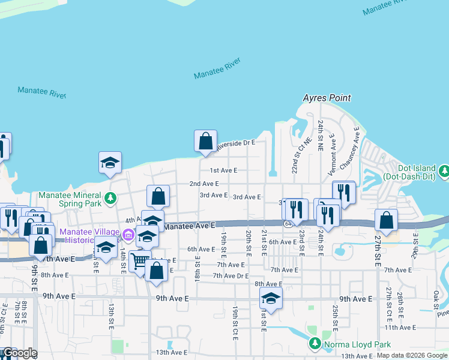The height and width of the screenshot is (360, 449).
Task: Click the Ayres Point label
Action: pos(327,98)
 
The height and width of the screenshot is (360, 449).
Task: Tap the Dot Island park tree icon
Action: pos(444,172)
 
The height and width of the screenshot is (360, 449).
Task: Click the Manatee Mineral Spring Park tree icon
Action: pos(110,197)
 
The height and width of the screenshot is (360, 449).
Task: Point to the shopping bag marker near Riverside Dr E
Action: pos(205,142)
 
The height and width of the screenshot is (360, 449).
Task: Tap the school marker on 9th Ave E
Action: pos(271,298)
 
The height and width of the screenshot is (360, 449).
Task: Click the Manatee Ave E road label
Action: pos(189,226)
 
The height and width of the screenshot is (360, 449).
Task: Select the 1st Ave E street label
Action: pos(223,171)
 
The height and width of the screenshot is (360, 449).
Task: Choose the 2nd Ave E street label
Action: pos(204,184)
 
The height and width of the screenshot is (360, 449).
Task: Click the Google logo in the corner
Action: pos(19,353)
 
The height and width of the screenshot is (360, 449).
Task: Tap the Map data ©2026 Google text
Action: pos(412,355)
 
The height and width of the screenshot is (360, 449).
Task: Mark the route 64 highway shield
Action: pos(288,223)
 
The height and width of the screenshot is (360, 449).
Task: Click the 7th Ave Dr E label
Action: pos(231,275)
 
